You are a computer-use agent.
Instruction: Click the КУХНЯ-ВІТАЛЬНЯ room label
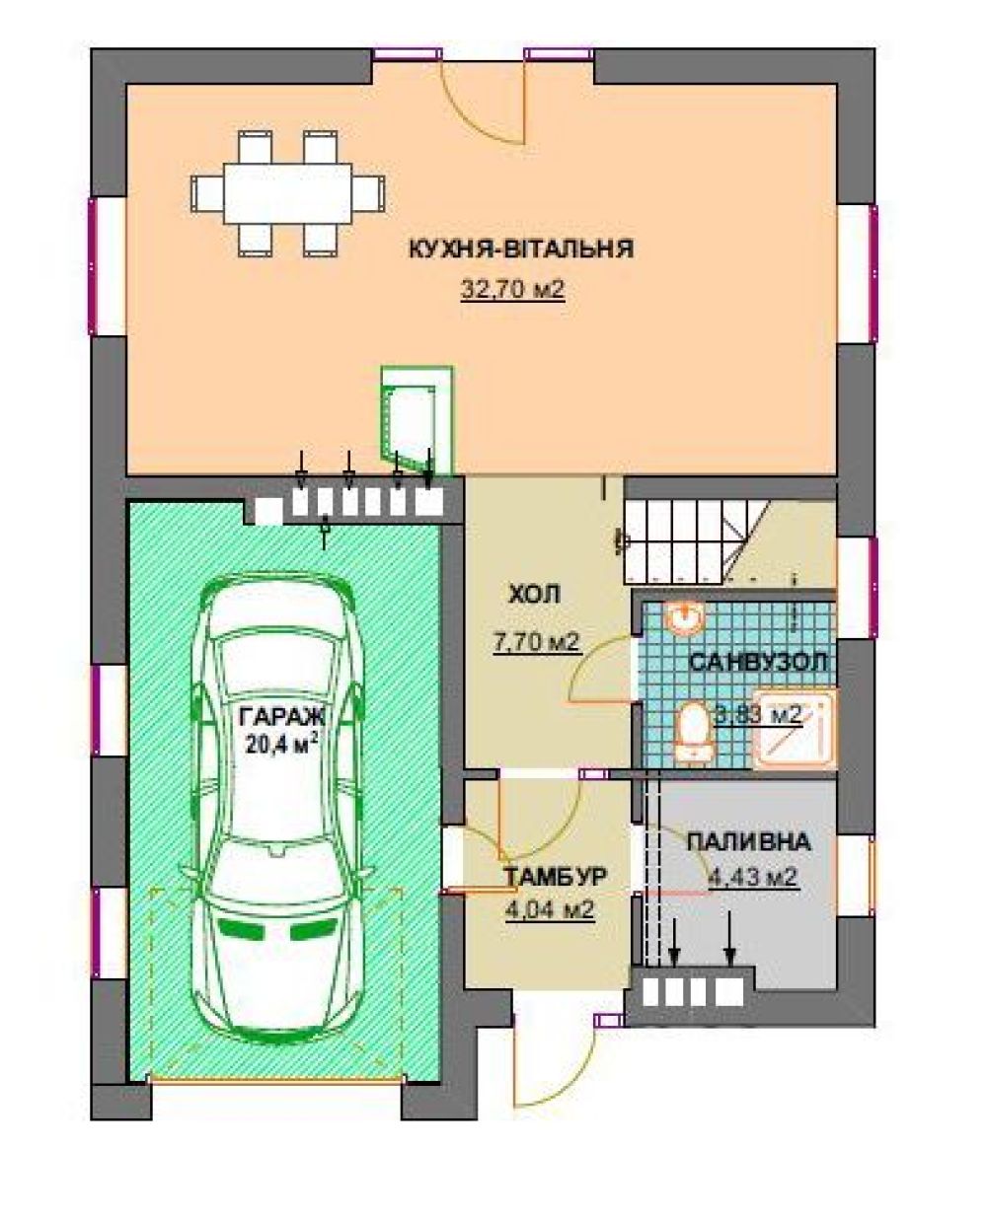click(x=521, y=250)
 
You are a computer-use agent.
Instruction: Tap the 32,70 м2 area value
click(x=512, y=291)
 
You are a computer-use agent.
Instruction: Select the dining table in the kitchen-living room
click(x=288, y=193)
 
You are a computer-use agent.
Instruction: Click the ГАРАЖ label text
click(x=282, y=717)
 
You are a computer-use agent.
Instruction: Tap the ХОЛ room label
click(x=534, y=595)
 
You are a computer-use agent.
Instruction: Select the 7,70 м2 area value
click(x=537, y=643)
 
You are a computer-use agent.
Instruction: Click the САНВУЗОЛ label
click(x=758, y=662)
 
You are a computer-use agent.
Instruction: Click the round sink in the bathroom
click(x=686, y=617)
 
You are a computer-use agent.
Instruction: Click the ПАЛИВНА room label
click(x=748, y=842)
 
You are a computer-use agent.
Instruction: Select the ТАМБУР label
click(x=556, y=877)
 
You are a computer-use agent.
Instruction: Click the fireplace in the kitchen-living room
click(x=417, y=420)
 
